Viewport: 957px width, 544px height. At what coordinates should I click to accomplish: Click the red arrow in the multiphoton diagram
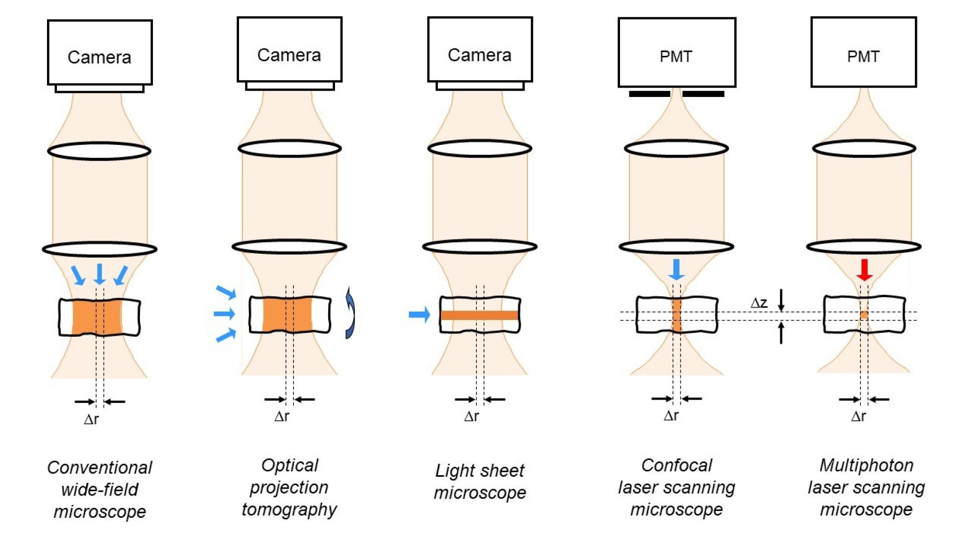(x=864, y=270)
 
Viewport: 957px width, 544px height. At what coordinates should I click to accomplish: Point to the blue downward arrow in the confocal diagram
(x=676, y=270)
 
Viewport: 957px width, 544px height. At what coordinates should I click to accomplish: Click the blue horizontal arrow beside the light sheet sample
(x=420, y=315)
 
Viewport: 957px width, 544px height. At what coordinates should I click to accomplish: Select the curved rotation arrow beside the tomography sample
(x=350, y=313)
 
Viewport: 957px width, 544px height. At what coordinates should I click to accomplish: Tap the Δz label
(x=759, y=303)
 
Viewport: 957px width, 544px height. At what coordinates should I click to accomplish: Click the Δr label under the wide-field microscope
(x=92, y=420)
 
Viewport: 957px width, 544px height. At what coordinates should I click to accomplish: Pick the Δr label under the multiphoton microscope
(x=859, y=416)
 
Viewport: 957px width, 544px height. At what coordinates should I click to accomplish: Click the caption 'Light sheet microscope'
(x=479, y=481)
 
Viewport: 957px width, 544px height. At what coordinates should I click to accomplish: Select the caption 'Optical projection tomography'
(x=289, y=487)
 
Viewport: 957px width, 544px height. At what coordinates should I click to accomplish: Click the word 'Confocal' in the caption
(x=676, y=465)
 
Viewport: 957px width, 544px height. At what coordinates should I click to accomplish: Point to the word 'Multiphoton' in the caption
(x=866, y=465)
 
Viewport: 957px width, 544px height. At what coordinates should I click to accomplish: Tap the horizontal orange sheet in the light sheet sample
(x=479, y=316)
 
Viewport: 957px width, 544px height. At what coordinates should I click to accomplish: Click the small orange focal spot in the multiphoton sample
(x=864, y=315)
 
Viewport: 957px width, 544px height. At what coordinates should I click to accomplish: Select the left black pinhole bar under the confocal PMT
(x=649, y=93)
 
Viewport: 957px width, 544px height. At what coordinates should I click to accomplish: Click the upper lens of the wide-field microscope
(x=99, y=151)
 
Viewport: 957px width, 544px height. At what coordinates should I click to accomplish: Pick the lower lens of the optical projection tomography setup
(x=289, y=246)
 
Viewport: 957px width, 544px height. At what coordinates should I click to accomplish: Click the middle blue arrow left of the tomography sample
(x=224, y=314)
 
